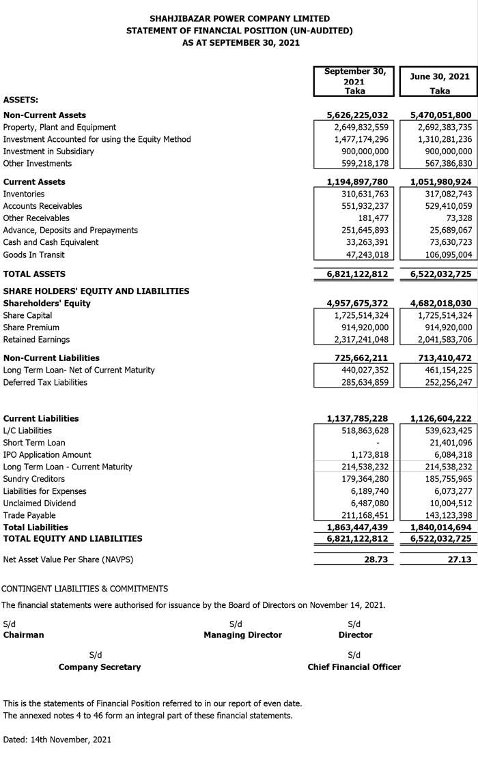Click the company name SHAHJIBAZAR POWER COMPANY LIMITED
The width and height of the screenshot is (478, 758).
[239, 18]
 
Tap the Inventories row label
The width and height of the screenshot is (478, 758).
[24, 194]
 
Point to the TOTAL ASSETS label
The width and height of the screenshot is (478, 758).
[34, 274]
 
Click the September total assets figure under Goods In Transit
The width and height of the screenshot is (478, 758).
[356, 274]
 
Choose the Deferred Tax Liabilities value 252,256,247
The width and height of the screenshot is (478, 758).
[443, 383]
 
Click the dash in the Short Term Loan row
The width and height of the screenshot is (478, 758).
[386, 443]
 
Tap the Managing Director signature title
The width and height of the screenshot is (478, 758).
[242, 635]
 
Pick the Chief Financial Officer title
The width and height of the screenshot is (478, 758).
[354, 667]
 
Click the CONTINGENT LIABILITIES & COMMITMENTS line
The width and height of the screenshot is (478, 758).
[85, 589]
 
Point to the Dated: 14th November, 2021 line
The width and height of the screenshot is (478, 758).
[57, 740]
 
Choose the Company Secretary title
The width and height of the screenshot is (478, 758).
[100, 667]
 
